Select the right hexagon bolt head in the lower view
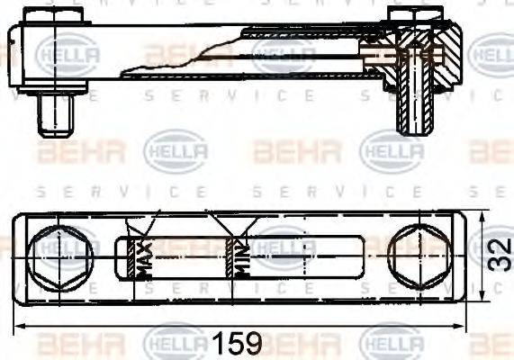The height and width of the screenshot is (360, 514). pos(419,256)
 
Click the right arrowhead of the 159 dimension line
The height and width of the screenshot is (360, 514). pos(461,327)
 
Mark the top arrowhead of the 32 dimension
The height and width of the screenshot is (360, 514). pos(484,217)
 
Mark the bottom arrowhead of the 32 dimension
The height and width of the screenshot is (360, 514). pos(484,294)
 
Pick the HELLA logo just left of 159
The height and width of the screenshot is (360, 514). pos(176,342)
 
